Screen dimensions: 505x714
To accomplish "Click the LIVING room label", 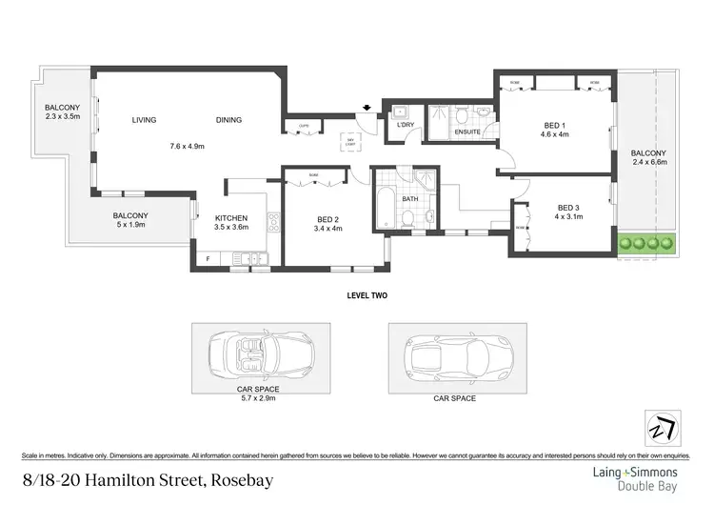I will (x=144, y=120).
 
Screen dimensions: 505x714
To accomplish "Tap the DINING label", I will (x=228, y=120).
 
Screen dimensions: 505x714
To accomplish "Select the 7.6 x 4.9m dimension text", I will (x=188, y=146).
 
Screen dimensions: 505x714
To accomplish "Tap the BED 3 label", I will (x=568, y=208).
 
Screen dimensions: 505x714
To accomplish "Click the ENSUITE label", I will (x=467, y=132).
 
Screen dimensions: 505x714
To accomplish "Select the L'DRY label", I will (x=405, y=125).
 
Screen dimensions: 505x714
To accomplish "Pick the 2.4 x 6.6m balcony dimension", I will (x=649, y=162).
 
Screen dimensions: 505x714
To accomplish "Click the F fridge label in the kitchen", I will (x=207, y=258).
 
